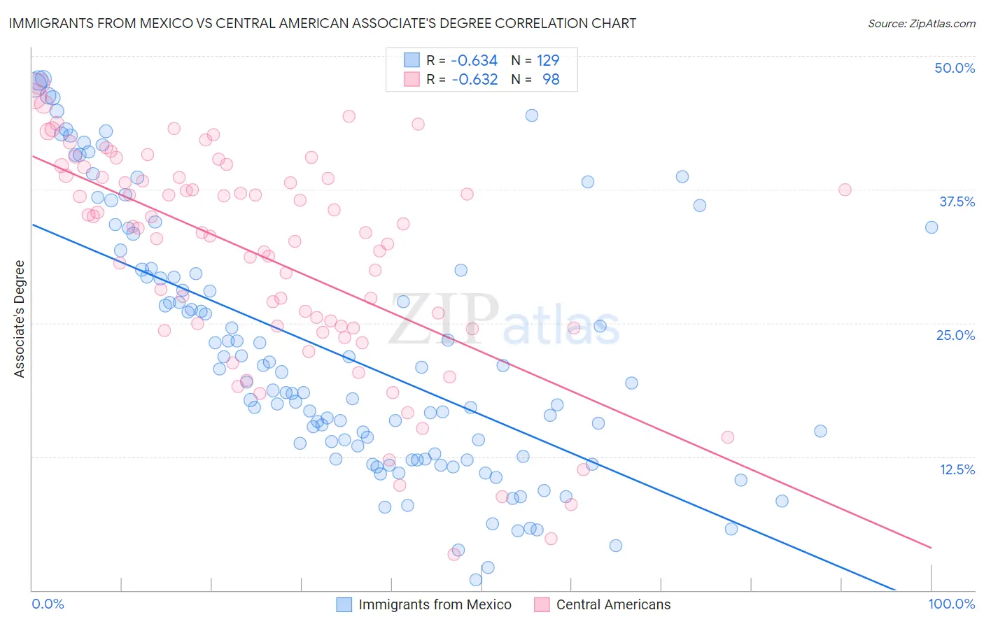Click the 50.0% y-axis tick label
pos(955,68)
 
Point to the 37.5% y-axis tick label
pos(957,201)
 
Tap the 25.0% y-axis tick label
pos(955,335)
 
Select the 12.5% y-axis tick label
pos(957,469)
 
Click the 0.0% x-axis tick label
pos(48,604)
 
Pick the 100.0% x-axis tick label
pos(951,604)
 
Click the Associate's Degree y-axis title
pos(20,319)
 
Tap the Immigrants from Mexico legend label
pos(435,604)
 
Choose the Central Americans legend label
pos(613,604)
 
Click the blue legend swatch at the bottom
pos(344,604)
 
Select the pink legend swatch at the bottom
pos(542,604)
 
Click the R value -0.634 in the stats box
pos(474,60)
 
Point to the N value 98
pos(551,80)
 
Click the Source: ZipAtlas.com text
pos(921,24)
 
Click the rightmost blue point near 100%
pos(931,227)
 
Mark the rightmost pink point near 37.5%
pos(845,190)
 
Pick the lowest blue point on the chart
pos(476,579)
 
